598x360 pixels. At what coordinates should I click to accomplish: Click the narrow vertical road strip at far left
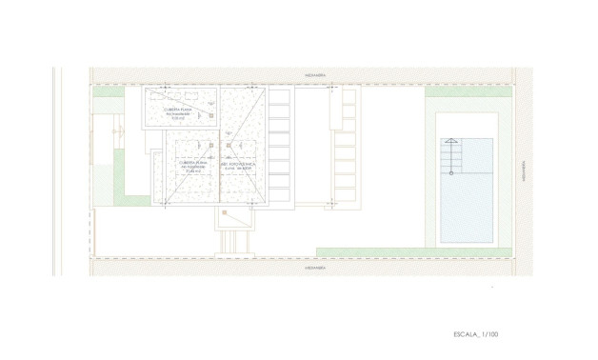click(x=58, y=171)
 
